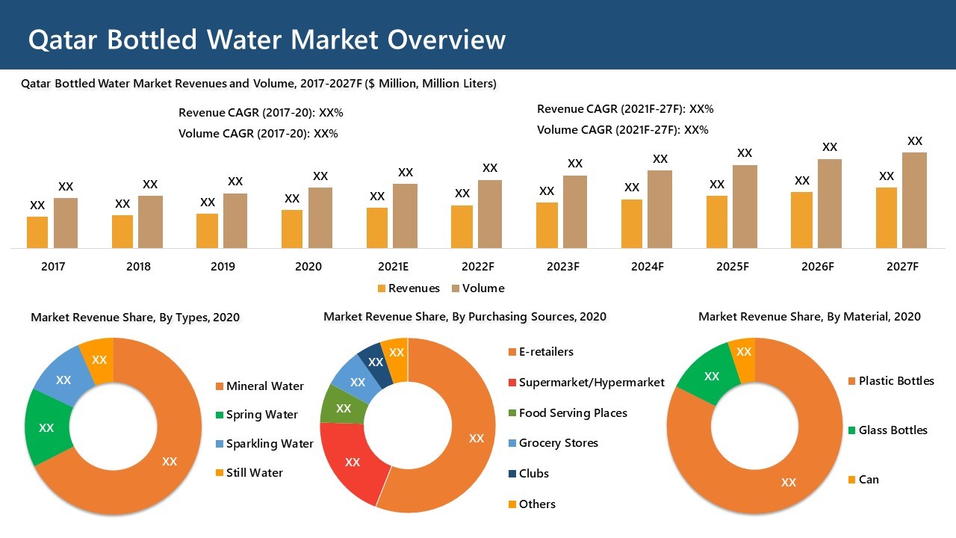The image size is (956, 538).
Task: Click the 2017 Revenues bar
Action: click(x=37, y=232)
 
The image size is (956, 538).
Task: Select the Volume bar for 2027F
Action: click(x=914, y=200)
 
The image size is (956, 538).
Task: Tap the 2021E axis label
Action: click(x=393, y=267)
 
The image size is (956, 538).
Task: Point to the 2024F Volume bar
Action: click(x=659, y=209)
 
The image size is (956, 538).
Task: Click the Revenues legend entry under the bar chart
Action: click(x=409, y=288)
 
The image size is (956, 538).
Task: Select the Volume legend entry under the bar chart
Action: click(x=477, y=288)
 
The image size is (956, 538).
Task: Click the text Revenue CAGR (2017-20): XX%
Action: click(x=261, y=113)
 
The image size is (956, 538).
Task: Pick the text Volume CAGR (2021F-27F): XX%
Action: click(x=622, y=130)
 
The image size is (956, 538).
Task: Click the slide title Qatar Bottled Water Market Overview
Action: click(x=267, y=40)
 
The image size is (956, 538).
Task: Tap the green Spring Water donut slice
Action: click(x=46, y=427)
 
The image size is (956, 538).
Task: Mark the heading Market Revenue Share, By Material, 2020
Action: click(x=809, y=317)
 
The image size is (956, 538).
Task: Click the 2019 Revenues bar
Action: click(x=208, y=231)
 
